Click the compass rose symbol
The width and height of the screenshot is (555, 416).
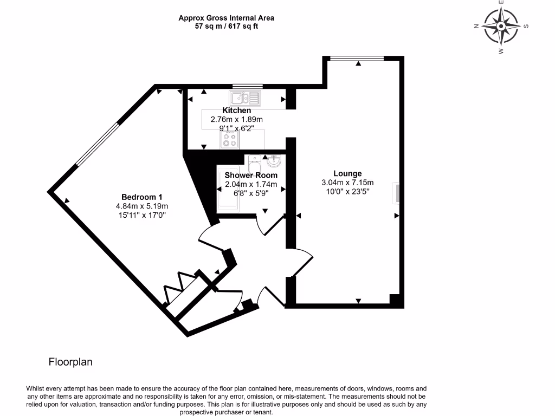[x=501, y=27]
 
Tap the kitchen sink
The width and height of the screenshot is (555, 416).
[x=245, y=98]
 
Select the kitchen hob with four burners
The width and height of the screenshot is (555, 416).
[x=229, y=140]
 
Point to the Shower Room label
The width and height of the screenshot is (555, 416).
[x=251, y=175]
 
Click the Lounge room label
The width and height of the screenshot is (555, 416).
[x=347, y=173]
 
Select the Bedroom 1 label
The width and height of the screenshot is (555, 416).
[x=142, y=197]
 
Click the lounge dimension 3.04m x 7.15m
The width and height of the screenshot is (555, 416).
[x=347, y=183]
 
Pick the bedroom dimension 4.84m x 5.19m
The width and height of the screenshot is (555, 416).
[x=142, y=206]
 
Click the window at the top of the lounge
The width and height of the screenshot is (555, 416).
[x=357, y=58]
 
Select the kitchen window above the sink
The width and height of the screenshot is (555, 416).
[x=248, y=86]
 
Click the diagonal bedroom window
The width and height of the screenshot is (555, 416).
[x=97, y=144]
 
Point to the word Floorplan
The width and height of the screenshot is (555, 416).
[x=70, y=362]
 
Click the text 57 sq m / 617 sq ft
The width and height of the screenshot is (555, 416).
[x=226, y=26]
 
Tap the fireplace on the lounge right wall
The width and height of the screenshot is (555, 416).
[x=397, y=193]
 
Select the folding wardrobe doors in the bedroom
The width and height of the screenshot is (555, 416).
[x=184, y=287]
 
